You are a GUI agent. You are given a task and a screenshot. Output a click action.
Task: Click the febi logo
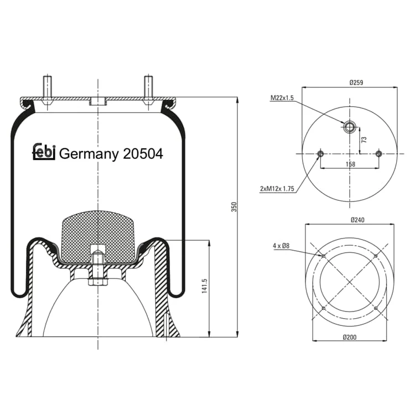tap(44, 152)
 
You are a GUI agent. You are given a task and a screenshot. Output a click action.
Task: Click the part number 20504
tap(143, 154)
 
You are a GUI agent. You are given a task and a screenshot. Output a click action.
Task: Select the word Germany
tap(89, 154)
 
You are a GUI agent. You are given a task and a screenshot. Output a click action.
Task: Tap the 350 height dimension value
tap(234, 207)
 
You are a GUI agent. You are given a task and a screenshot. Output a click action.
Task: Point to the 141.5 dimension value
tap(204, 286)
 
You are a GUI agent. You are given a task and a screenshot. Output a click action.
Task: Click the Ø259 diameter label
tap(356, 82)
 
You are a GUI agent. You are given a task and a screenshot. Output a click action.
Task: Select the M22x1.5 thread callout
tap(282, 98)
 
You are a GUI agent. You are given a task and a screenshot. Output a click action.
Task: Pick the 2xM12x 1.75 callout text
tap(277, 189)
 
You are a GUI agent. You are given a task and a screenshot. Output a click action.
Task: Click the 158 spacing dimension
tap(350, 164)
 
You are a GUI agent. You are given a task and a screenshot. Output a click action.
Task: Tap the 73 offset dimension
tap(364, 140)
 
